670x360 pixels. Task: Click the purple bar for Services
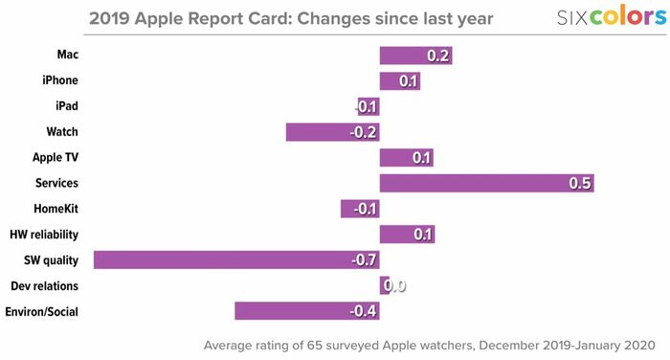[486, 183]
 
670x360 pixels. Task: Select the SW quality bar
[236, 260]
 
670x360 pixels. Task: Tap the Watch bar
[333, 132]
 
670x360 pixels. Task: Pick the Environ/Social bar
[307, 311]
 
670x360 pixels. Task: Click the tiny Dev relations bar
[385, 285]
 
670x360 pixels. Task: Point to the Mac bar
[415, 56]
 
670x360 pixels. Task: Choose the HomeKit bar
[360, 209]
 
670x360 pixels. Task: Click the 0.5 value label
[580, 183]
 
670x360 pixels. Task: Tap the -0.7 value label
[364, 260]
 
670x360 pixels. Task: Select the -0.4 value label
[363, 311]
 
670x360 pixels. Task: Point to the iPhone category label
[60, 80]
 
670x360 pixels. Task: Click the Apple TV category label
[56, 157]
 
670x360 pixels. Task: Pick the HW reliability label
[44, 235]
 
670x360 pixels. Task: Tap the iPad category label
[67, 105]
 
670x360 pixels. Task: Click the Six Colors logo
[612, 16]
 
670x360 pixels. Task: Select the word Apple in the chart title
[159, 19]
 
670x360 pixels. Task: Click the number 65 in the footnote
[314, 345]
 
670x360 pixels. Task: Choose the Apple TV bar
[407, 158]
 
